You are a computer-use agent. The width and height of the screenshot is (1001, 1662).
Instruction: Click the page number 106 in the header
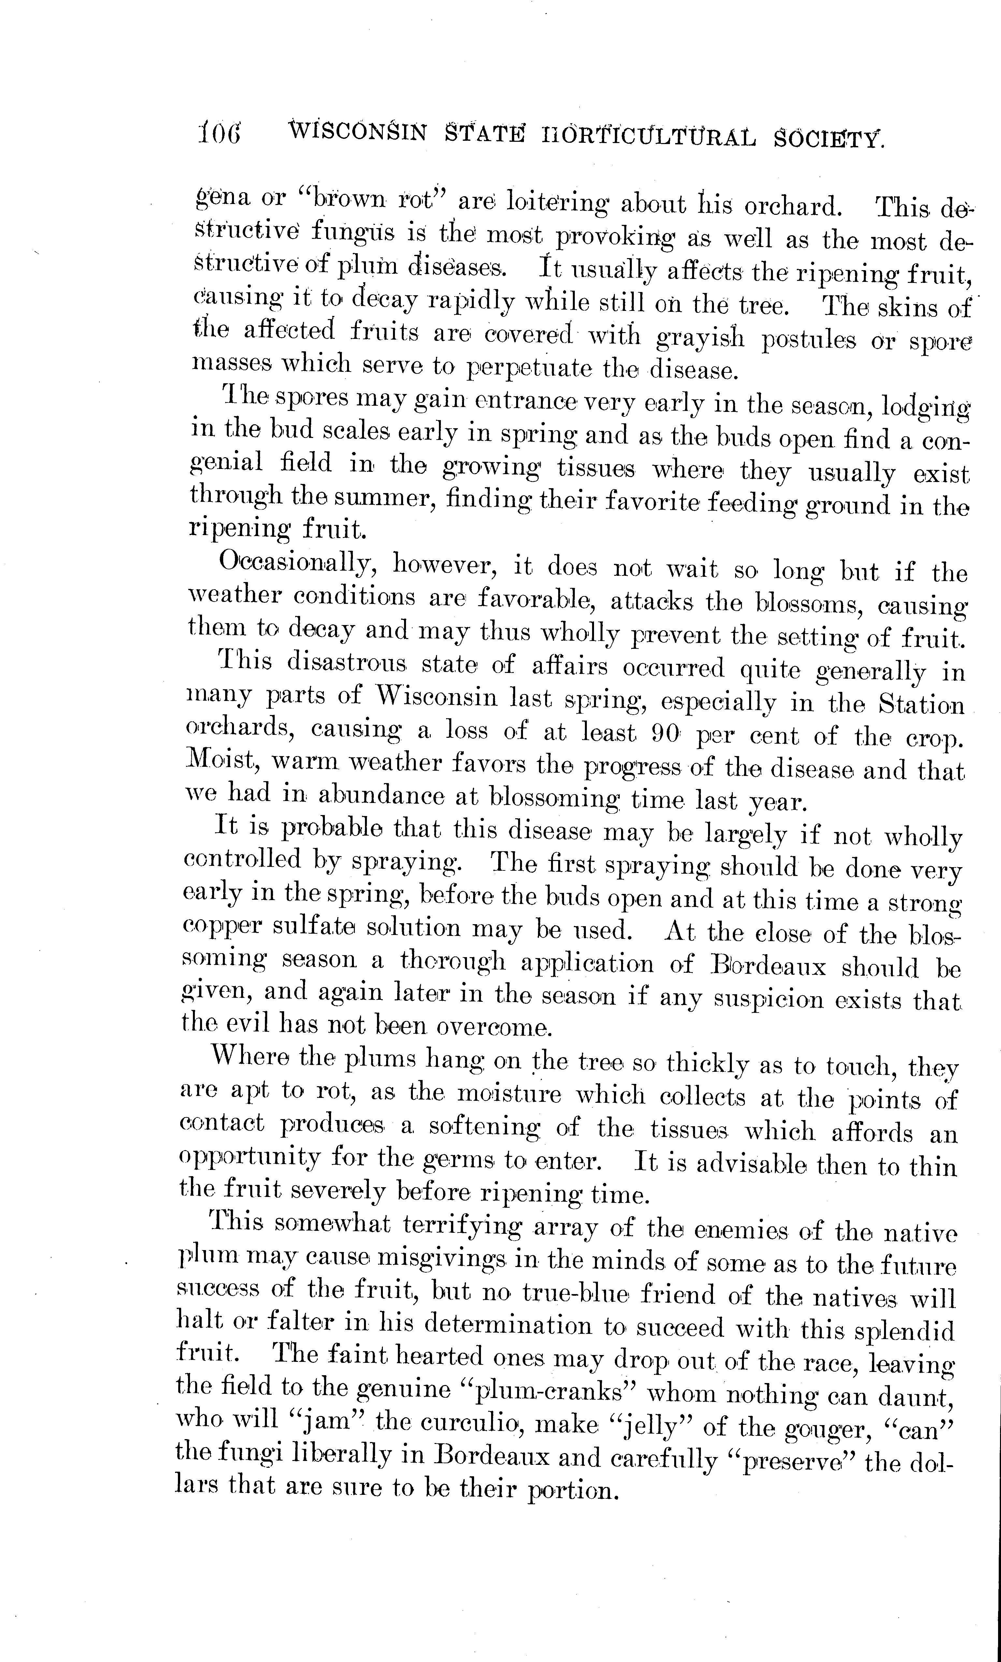(219, 133)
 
